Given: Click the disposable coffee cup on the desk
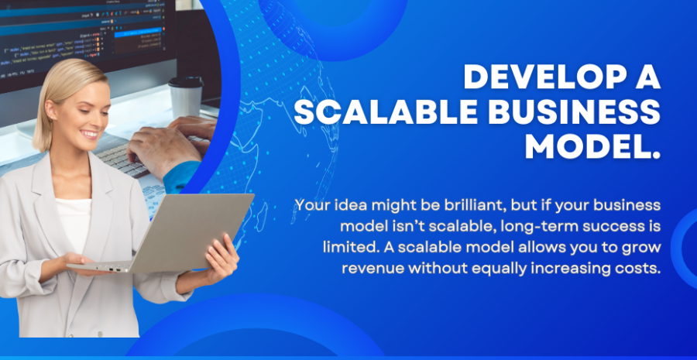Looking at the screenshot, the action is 186,97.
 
